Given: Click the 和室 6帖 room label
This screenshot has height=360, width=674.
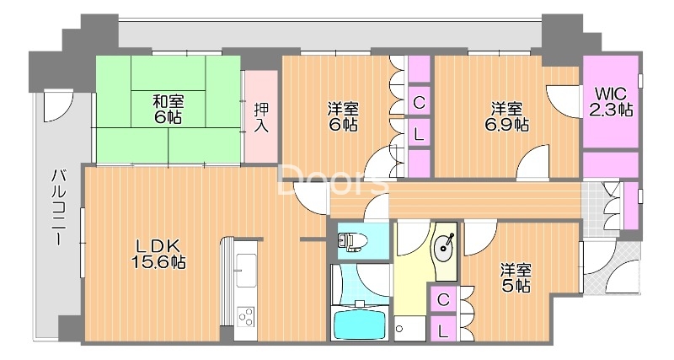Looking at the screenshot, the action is (x=168, y=110).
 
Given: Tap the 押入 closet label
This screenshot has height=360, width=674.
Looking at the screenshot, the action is (x=261, y=117).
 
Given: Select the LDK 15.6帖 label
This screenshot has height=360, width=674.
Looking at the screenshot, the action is (x=158, y=254).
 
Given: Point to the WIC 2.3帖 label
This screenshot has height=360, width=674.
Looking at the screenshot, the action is (x=610, y=102).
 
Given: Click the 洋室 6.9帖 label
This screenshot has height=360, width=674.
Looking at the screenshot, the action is (x=507, y=116).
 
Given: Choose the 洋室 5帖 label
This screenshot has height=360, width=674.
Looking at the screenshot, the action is (x=516, y=278).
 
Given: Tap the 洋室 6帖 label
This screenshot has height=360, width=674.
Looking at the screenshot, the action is (x=343, y=116).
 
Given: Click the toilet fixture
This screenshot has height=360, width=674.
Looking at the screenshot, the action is (x=351, y=241).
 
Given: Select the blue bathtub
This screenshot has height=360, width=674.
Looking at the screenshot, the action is (x=361, y=325).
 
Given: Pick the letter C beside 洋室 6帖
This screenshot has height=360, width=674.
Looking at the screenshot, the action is (x=419, y=103).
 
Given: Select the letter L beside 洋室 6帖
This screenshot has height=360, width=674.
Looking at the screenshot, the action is (x=419, y=135).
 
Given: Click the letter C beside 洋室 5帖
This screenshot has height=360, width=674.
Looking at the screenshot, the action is (x=443, y=299).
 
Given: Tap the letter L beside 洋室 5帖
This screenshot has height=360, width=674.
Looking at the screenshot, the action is (x=443, y=330).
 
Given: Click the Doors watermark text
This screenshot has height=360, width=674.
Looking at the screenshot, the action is (x=333, y=180).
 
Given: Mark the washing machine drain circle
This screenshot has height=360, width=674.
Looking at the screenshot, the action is (x=399, y=329).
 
